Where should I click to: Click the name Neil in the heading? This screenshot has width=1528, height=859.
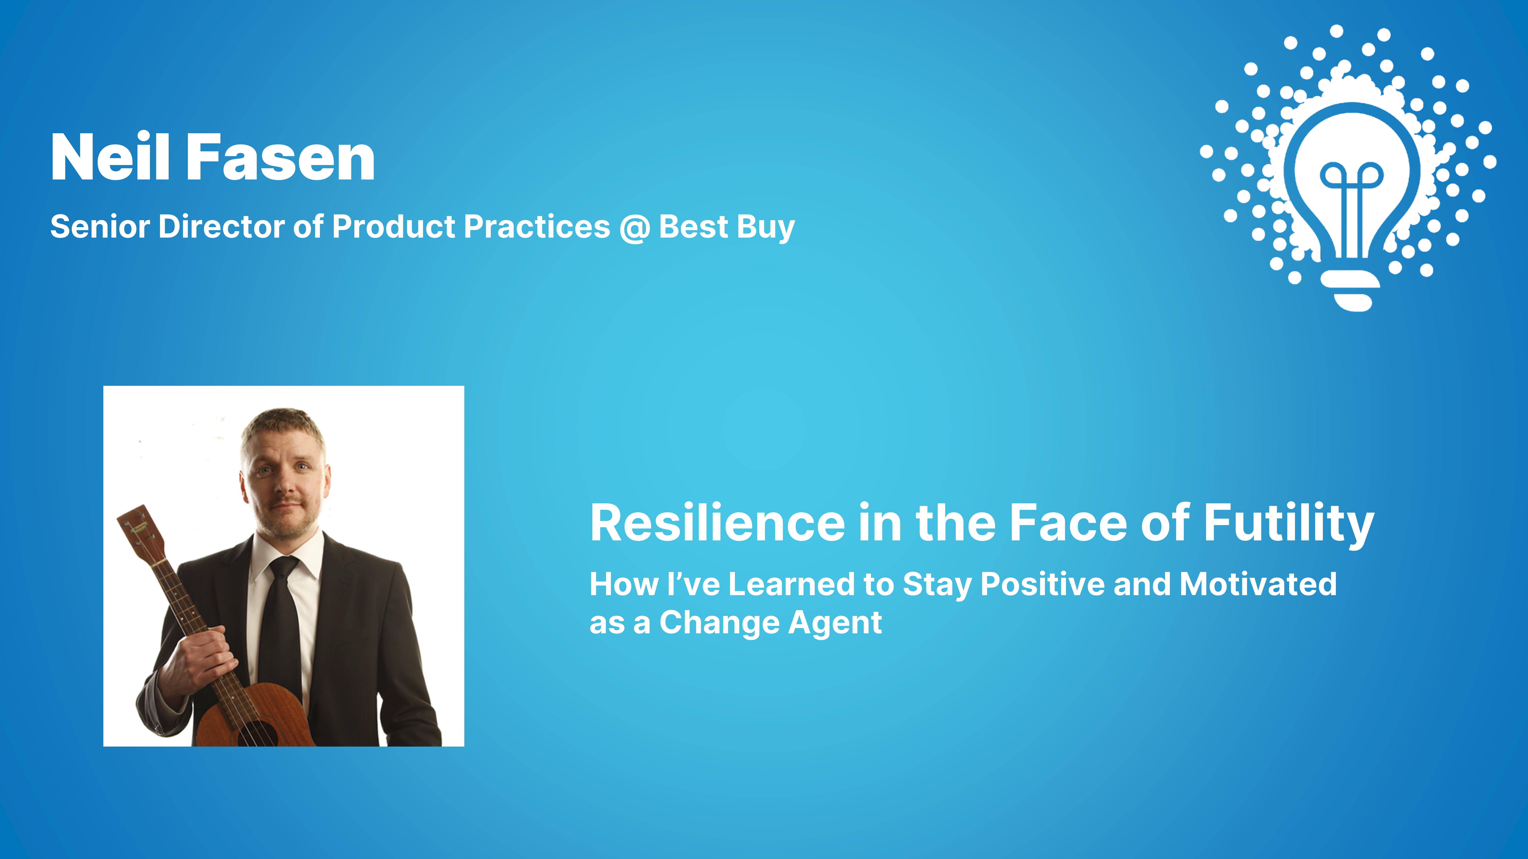pos(110,157)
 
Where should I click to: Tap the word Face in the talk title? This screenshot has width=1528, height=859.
pos(1068,523)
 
